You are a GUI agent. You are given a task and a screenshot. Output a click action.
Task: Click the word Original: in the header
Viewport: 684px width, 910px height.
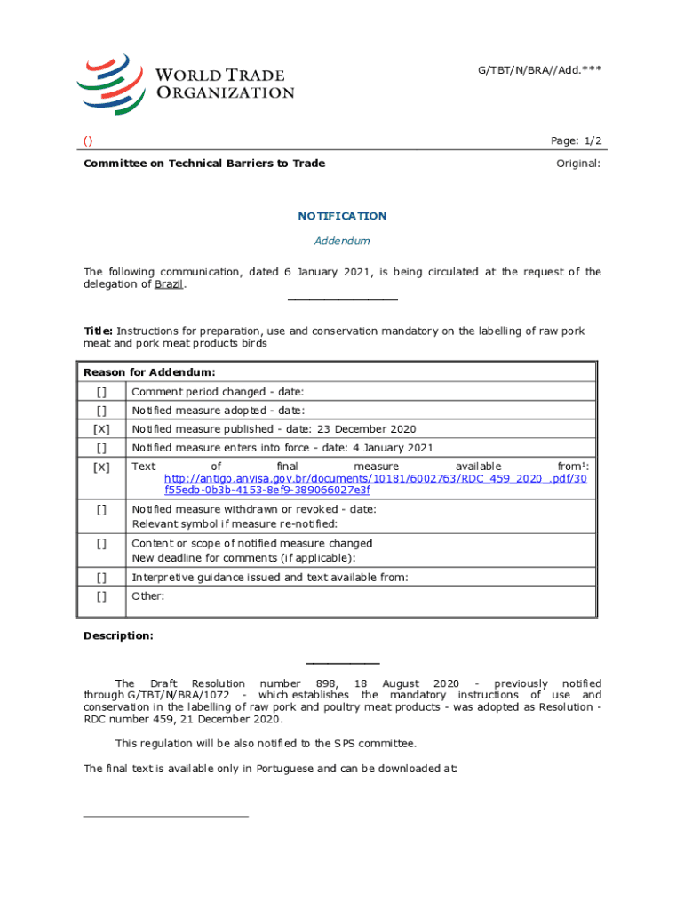point(578,164)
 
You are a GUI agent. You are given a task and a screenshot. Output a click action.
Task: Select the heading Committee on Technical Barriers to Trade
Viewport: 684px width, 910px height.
point(204,164)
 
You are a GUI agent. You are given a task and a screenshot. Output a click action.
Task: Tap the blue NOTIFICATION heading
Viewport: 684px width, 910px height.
point(342,216)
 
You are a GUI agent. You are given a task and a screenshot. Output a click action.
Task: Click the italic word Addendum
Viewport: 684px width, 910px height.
point(342,241)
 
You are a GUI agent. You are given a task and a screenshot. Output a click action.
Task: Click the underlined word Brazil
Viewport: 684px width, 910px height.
point(170,285)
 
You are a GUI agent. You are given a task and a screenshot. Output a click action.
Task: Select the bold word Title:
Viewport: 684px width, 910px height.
point(98,331)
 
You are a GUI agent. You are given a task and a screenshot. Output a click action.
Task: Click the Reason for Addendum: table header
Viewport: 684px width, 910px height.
point(149,372)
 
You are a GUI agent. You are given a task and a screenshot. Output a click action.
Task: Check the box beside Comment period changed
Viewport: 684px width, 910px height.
point(102,392)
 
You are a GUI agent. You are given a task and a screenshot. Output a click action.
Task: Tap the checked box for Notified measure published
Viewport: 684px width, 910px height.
point(102,429)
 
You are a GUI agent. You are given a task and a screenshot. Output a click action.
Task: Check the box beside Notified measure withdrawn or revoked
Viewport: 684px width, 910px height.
point(102,510)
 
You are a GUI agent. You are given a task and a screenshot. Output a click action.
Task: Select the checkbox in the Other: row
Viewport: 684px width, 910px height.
point(102,597)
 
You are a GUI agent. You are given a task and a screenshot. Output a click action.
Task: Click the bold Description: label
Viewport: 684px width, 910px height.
point(118,635)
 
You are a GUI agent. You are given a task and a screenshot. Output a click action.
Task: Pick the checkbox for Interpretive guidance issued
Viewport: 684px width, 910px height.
point(102,578)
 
